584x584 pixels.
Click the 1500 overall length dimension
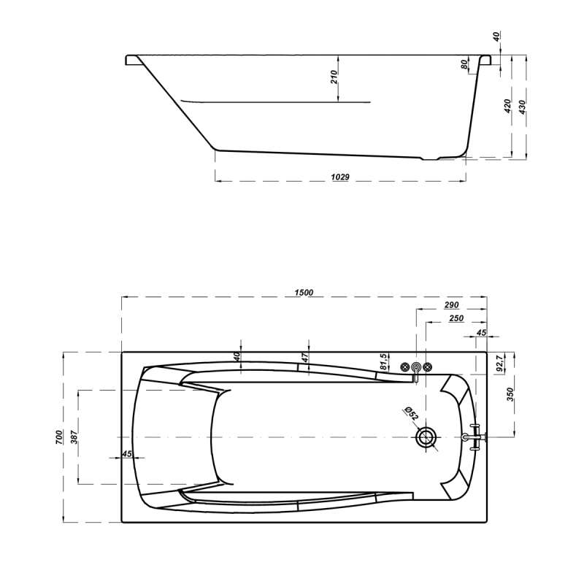(x=304, y=293)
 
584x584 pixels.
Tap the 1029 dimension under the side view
(x=340, y=177)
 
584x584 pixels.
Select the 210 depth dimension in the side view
(x=334, y=77)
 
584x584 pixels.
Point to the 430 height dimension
(x=522, y=107)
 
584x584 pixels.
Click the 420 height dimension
(x=507, y=107)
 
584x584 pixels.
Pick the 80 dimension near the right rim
(x=464, y=64)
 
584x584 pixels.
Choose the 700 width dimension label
(x=59, y=437)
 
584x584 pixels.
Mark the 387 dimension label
(x=74, y=437)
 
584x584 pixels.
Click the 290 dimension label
(x=451, y=305)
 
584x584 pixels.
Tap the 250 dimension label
(x=457, y=318)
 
